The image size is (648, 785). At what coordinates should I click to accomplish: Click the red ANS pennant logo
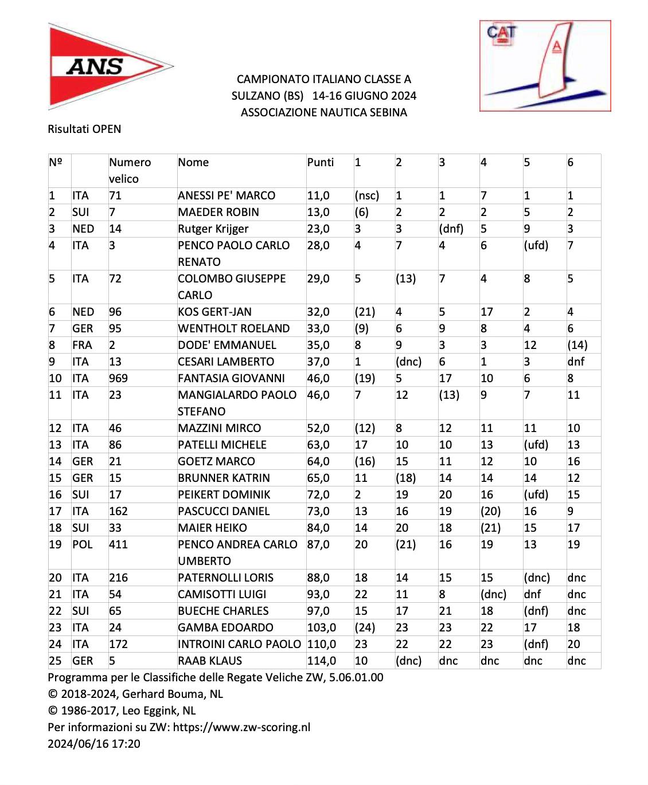(x=106, y=66)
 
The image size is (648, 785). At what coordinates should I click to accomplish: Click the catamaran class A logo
(x=545, y=66)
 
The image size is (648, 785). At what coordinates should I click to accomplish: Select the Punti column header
(x=320, y=162)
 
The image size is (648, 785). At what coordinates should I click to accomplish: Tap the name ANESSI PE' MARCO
(x=226, y=195)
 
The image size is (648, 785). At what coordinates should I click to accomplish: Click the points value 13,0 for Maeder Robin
(x=318, y=212)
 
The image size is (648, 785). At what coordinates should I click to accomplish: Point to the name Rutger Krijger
(x=213, y=229)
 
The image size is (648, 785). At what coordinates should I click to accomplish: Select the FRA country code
(x=82, y=345)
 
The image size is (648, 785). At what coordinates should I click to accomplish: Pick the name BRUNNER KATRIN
(x=224, y=478)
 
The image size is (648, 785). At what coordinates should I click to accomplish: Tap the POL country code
(x=82, y=544)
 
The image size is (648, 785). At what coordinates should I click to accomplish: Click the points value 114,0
(x=321, y=661)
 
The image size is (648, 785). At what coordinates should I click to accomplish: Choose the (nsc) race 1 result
(x=366, y=195)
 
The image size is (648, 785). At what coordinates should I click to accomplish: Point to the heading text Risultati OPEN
(x=84, y=129)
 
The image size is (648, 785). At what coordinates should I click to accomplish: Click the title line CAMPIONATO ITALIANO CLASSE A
(x=323, y=79)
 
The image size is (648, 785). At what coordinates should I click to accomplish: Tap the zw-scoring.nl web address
(x=241, y=727)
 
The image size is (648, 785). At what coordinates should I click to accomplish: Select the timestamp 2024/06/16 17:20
(x=94, y=744)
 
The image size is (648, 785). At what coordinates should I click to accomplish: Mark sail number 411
(x=118, y=544)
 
